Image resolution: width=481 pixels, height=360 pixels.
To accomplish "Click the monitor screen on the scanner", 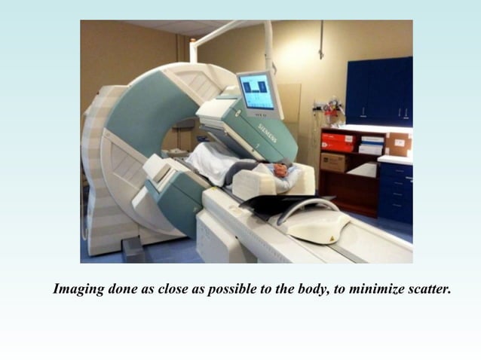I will [256, 92].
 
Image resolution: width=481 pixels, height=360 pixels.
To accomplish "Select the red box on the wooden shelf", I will [337, 142].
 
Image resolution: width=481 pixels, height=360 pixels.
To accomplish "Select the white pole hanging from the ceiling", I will [268, 45].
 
